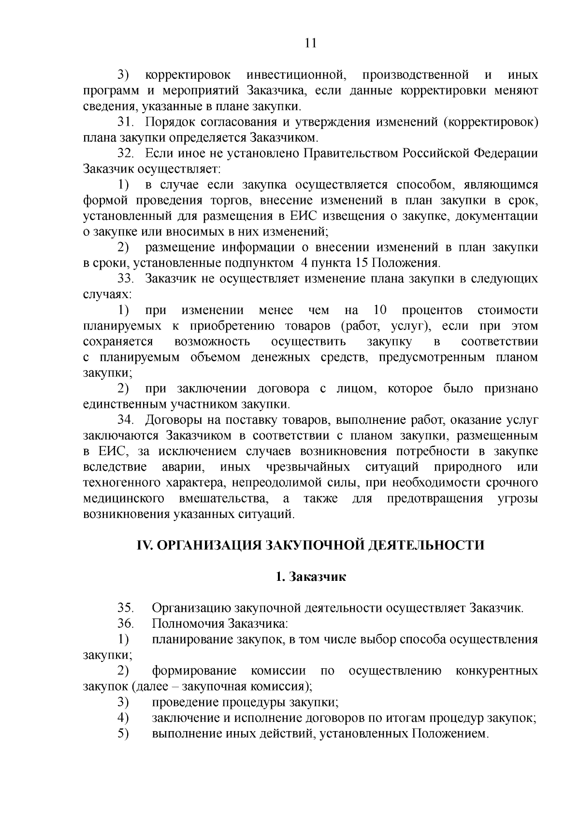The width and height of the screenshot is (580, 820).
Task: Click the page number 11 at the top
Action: point(311,43)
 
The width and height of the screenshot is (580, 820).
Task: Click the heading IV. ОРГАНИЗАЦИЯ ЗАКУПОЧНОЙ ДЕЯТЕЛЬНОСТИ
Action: point(310,545)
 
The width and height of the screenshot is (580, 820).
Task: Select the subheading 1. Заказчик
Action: point(310,576)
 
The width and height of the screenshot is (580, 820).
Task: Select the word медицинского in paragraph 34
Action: point(123,498)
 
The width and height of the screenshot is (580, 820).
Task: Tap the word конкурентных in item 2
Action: point(496,671)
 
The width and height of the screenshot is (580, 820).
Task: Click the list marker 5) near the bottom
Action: point(123,734)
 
